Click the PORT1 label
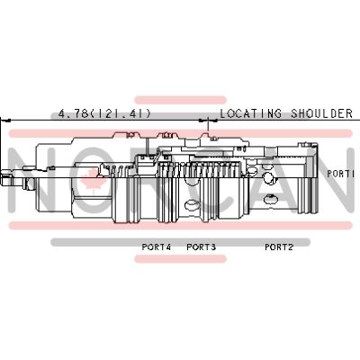pyautogui.click(x=341, y=174)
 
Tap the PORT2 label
pyautogui.click(x=279, y=247)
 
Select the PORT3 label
pyautogui.click(x=201, y=247)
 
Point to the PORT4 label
pyautogui.click(x=157, y=247)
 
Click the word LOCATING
pyautogui.click(x=251, y=113)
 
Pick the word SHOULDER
pyautogui.click(x=321, y=113)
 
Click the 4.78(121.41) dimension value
pyautogui.click(x=104, y=113)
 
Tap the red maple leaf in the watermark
pyautogui.click(x=93, y=180)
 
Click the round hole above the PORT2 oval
pyautogui.click(x=267, y=178)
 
